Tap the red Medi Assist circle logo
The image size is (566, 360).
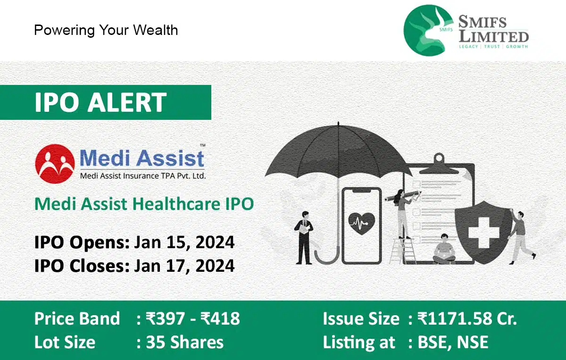point(55,164)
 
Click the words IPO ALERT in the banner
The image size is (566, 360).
point(100,102)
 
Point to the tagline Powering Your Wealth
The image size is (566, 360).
point(106,30)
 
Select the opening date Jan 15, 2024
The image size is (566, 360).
point(184,242)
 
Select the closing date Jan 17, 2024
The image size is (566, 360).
point(184,266)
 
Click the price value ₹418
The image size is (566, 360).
point(220,318)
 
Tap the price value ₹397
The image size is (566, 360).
point(165,318)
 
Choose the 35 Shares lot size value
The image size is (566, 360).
point(185,342)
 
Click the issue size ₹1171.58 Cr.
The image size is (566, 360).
point(467,318)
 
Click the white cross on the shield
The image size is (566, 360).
point(484,233)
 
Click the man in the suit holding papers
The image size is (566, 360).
point(304,238)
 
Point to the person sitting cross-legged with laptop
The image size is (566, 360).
point(444,249)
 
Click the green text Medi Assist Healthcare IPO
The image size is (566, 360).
point(144,204)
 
